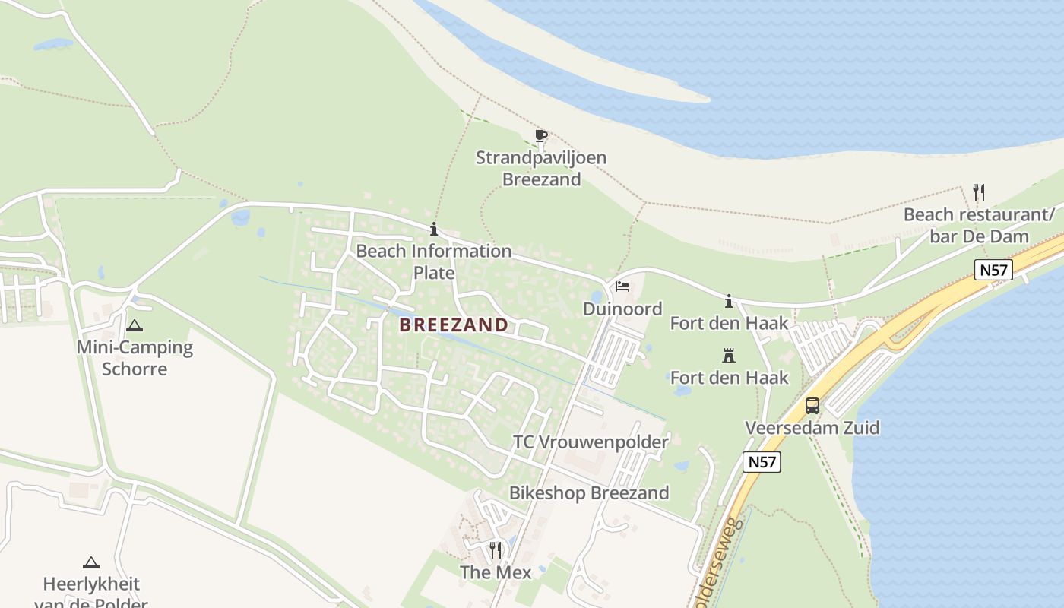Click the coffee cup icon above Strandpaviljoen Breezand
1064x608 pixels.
[x=541, y=136]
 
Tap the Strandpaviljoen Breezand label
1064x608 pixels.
[x=541, y=169]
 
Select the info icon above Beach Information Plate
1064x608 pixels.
[x=434, y=229]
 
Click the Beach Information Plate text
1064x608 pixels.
[x=434, y=261]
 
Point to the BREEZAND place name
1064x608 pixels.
[x=454, y=325]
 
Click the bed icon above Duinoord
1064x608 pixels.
[x=622, y=287]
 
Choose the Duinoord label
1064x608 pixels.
[x=622, y=309]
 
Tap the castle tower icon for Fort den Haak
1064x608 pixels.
[x=729, y=355]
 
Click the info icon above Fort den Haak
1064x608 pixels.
[x=729, y=302]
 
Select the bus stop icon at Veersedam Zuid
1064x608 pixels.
[x=812, y=405]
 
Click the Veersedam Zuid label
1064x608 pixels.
[x=812, y=428]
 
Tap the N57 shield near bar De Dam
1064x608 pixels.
[x=994, y=270]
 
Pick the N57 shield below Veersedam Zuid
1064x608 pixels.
[x=762, y=461]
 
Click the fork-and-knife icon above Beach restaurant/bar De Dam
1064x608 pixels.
[x=979, y=192]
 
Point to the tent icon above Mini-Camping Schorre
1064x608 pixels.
[x=135, y=326]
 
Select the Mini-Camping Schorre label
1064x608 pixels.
[x=135, y=359]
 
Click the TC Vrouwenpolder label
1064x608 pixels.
[x=591, y=442]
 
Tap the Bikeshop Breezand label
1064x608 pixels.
[x=589, y=493]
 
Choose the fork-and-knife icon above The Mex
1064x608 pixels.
[x=496, y=549]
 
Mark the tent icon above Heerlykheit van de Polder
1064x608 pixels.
[x=91, y=563]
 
